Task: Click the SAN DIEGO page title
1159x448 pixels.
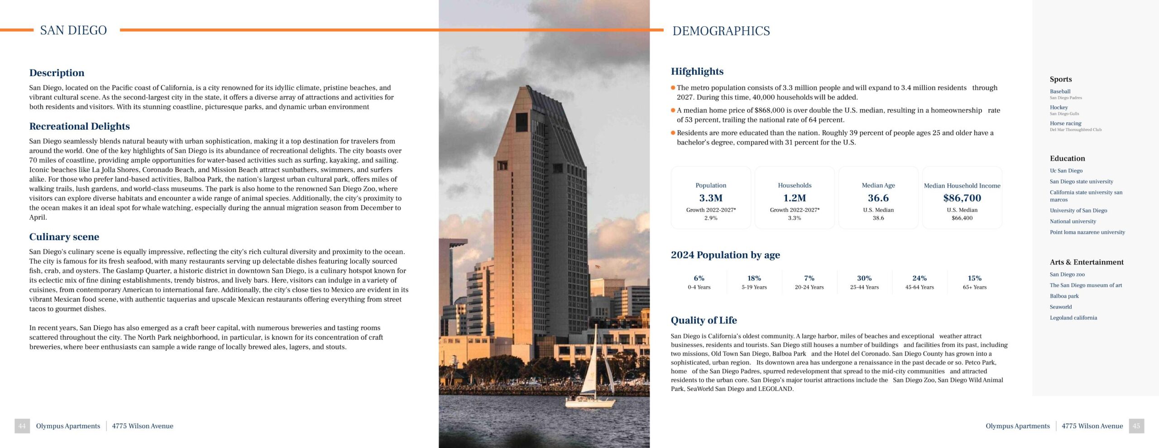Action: click(73, 30)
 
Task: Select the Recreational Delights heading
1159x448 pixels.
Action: click(79, 126)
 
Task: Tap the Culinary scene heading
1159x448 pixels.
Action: click(64, 237)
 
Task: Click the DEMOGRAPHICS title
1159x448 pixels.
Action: click(721, 31)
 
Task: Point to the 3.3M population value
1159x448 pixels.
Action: click(710, 198)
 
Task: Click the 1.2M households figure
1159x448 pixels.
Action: click(794, 198)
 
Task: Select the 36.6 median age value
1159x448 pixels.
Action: click(878, 198)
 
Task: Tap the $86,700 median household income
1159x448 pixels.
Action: click(962, 198)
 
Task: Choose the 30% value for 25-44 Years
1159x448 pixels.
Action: click(864, 278)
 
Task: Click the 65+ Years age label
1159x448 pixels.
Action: click(974, 287)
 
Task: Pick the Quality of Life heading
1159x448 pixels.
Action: click(704, 320)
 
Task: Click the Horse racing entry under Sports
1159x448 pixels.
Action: click(1065, 123)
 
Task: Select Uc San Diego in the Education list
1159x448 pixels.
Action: click(1066, 171)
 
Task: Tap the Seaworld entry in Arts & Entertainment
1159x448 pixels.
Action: click(1060, 307)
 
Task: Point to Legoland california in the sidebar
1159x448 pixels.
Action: click(1073, 318)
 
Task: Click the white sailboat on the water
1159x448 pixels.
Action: click(591, 381)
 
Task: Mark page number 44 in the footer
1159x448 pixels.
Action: click(22, 426)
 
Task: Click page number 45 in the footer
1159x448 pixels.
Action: click(1136, 426)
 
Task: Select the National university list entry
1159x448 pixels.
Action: click(1073, 222)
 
